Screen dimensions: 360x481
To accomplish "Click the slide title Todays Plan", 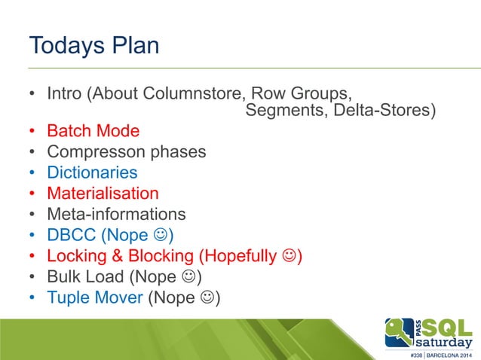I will tap(93, 45).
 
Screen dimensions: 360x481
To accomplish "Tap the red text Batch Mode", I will tap(93, 131).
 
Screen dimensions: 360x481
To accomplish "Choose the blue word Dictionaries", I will tap(92, 172).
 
